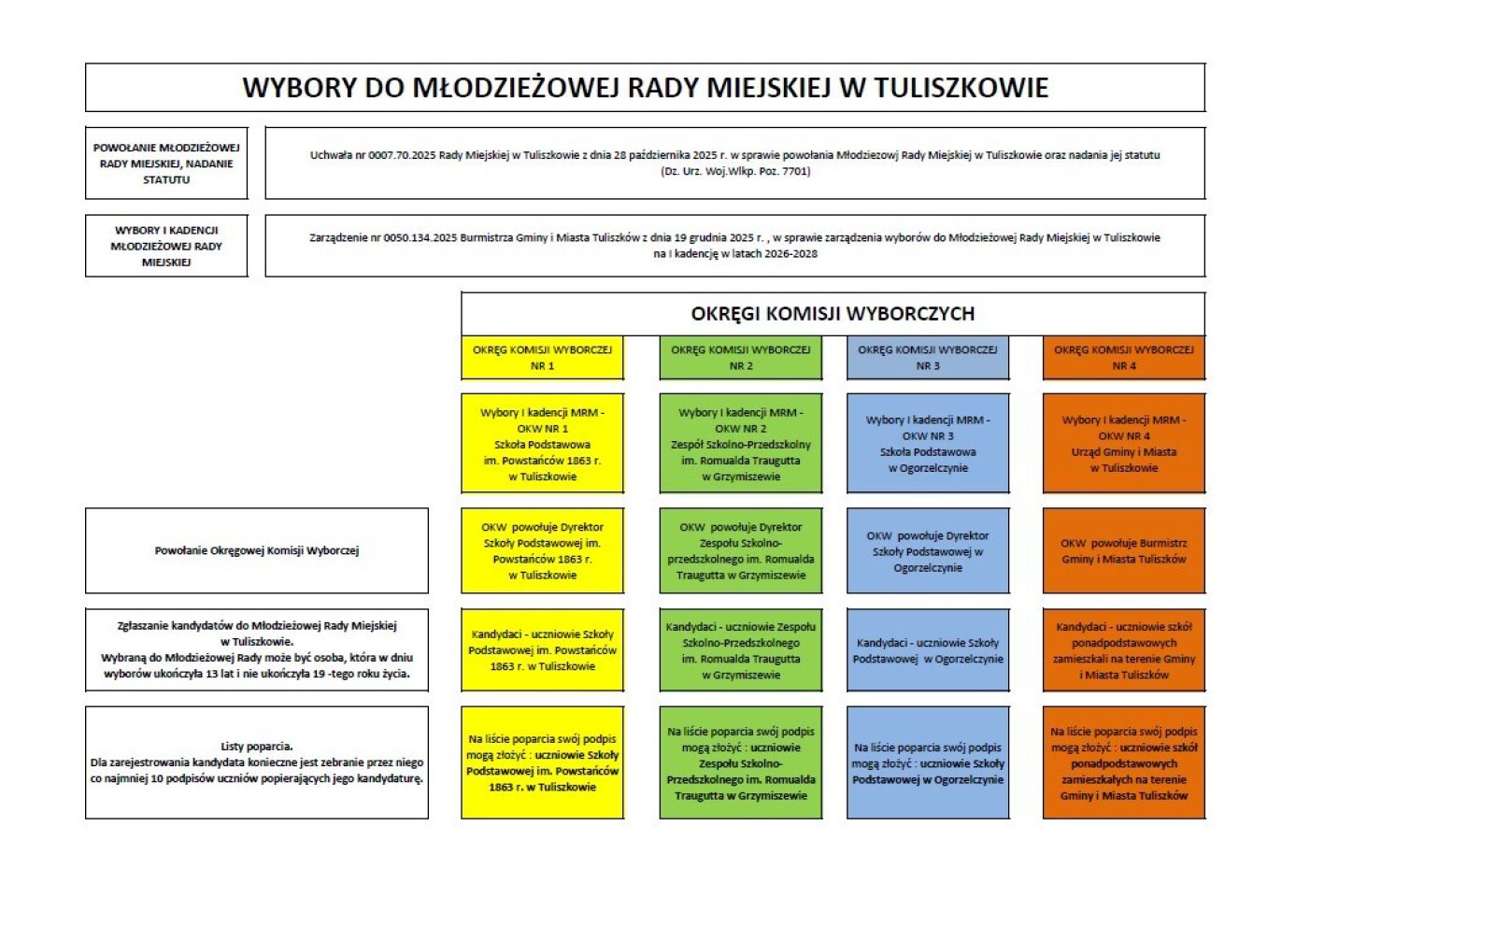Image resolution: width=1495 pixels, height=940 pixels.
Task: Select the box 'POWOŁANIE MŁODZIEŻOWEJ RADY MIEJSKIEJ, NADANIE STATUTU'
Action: click(166, 164)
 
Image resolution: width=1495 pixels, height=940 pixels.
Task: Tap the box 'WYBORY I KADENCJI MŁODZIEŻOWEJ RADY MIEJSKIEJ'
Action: click(166, 246)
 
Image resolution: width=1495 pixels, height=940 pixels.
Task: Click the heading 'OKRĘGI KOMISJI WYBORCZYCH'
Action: click(833, 314)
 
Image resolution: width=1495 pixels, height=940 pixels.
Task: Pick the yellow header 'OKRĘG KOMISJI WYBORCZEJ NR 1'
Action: click(542, 358)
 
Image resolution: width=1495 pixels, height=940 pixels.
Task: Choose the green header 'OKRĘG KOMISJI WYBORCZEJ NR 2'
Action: click(740, 358)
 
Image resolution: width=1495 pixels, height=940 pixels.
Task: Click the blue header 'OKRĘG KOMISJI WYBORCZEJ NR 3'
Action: click(928, 358)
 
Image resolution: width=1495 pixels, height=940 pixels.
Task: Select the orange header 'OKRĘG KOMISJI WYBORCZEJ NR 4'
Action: click(1124, 358)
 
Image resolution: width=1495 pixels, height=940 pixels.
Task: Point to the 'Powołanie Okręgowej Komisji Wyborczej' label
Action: click(257, 550)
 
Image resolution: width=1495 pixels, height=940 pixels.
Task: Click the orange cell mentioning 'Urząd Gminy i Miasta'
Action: click(1124, 444)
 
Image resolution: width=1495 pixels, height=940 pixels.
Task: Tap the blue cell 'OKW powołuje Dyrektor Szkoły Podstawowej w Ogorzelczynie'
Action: click(928, 551)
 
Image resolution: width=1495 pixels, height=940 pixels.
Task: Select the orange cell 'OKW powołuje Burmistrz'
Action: click(1124, 551)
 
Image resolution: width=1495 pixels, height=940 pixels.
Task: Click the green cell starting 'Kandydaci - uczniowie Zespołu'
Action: click(740, 650)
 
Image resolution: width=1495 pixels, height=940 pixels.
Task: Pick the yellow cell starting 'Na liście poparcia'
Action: click(542, 762)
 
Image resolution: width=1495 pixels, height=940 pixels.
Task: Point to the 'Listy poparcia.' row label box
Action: click(257, 762)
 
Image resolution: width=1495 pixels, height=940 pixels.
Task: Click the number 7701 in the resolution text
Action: click(796, 172)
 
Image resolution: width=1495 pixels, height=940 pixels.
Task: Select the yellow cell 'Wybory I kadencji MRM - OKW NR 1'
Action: click(542, 444)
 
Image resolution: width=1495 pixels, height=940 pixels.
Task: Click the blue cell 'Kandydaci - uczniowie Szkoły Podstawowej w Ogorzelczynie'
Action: click(928, 650)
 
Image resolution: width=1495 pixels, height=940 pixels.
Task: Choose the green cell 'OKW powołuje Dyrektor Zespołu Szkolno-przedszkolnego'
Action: click(740, 551)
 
